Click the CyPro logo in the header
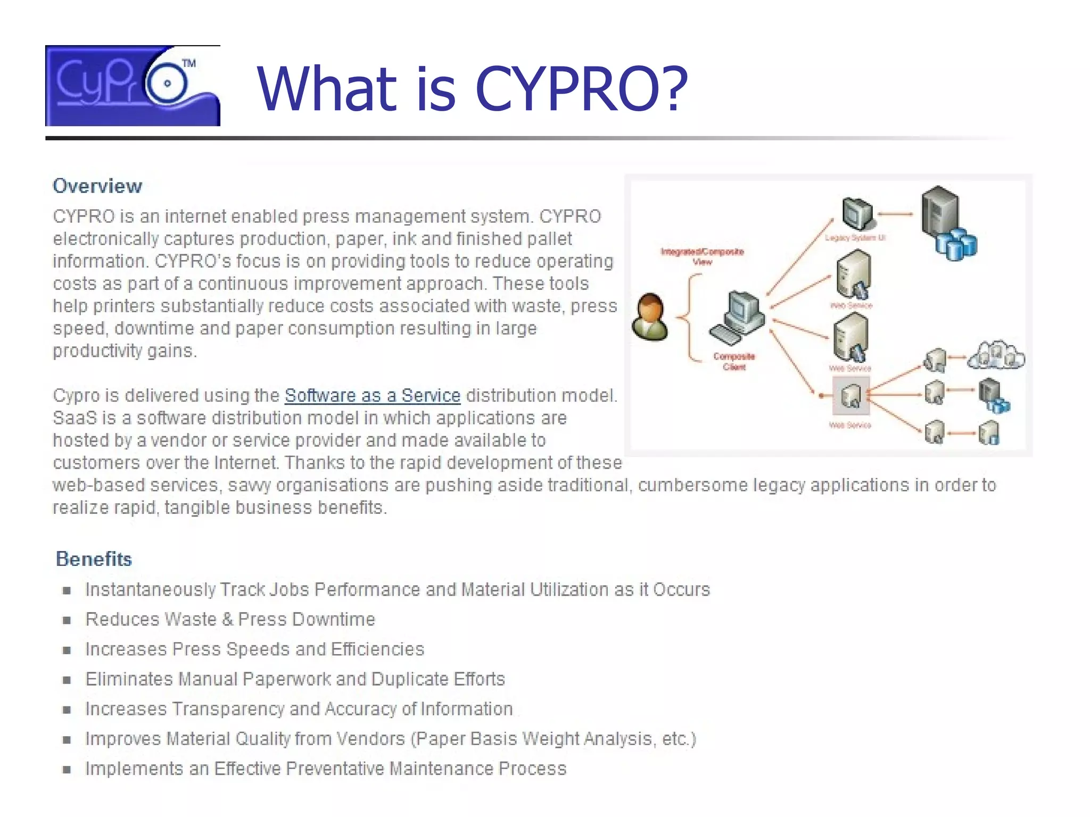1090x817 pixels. click(x=133, y=86)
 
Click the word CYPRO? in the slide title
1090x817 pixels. click(x=581, y=89)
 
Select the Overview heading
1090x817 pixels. click(x=97, y=186)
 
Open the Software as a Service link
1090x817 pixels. click(x=372, y=396)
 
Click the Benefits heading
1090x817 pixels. click(x=94, y=559)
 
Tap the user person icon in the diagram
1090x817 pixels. click(x=649, y=318)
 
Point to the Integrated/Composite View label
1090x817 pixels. click(x=702, y=256)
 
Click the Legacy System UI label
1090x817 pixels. click(x=855, y=238)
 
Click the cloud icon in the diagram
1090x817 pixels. click(x=996, y=355)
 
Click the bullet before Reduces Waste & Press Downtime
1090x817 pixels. click(x=67, y=620)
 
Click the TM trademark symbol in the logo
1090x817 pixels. click(x=189, y=64)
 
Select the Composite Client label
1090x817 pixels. click(x=734, y=361)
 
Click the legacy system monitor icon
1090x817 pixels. click(x=857, y=213)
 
